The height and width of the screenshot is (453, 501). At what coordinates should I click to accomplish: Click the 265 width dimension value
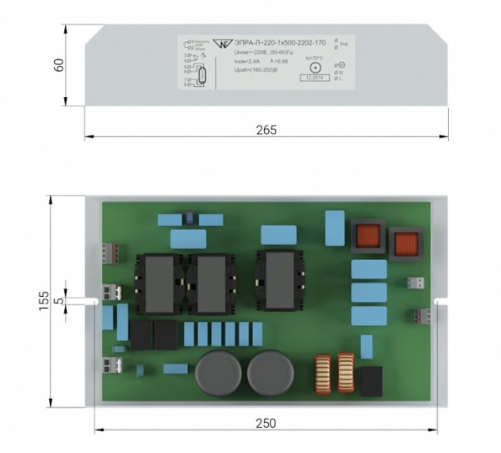point(266,130)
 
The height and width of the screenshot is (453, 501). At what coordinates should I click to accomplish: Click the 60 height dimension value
point(59,66)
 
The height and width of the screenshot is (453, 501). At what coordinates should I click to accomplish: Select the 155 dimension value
point(45,299)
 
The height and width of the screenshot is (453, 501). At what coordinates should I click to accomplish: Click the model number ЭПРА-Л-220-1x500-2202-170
point(280,42)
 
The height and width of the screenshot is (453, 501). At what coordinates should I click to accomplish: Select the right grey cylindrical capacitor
point(270,373)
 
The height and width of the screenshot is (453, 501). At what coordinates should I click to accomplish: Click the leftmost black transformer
point(156,282)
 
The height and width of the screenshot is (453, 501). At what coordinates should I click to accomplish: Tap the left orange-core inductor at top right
point(367,237)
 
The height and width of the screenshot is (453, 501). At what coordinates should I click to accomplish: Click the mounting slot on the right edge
point(439,299)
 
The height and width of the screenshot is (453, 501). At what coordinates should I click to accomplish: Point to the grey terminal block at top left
point(110,253)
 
